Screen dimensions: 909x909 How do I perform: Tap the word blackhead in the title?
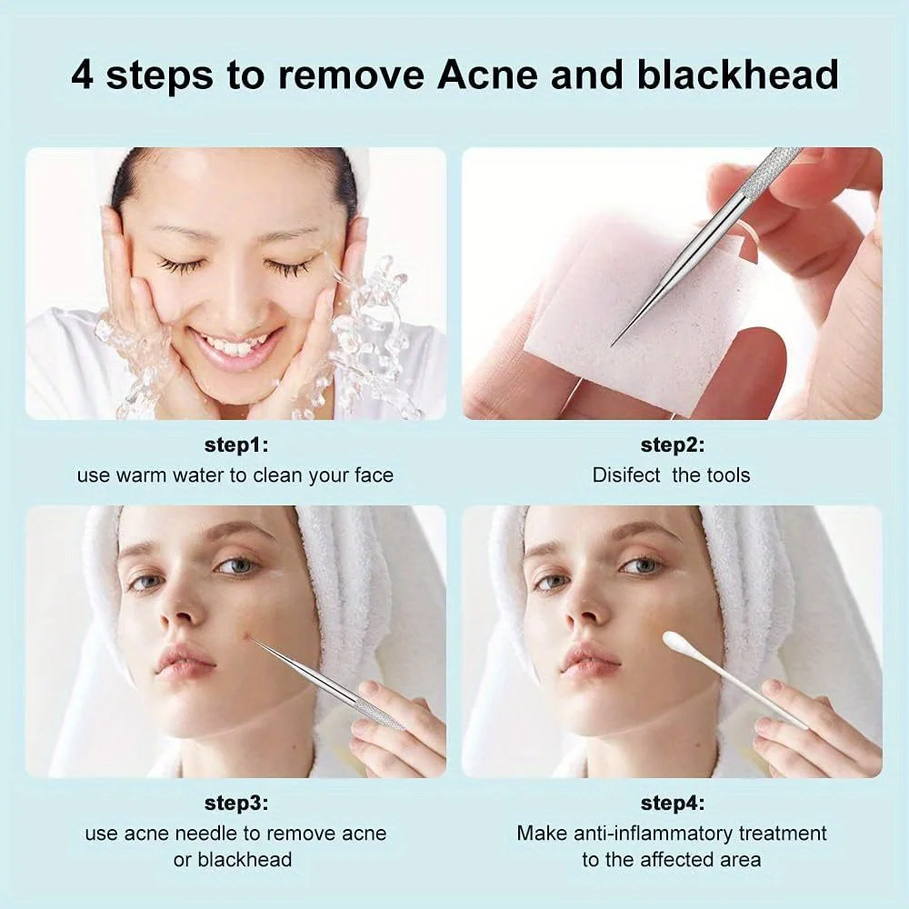(737, 75)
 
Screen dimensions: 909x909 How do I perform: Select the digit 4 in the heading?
(83, 75)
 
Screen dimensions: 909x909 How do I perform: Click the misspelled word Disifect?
(626, 474)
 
